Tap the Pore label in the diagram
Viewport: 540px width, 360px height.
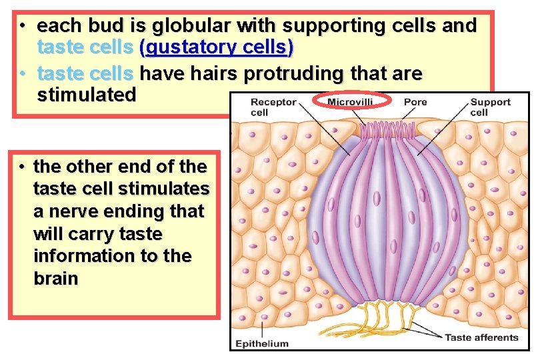click(x=415, y=102)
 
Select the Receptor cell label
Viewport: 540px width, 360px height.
click(x=269, y=107)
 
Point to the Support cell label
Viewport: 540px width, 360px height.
click(x=490, y=107)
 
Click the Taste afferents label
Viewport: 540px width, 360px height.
click(x=481, y=337)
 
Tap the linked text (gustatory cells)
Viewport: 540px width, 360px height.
click(x=216, y=49)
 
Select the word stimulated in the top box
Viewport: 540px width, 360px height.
click(x=87, y=95)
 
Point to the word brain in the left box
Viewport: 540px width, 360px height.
click(x=55, y=279)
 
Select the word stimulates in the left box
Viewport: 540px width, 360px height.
click(x=165, y=189)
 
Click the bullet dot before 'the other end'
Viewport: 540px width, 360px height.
click(x=22, y=166)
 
